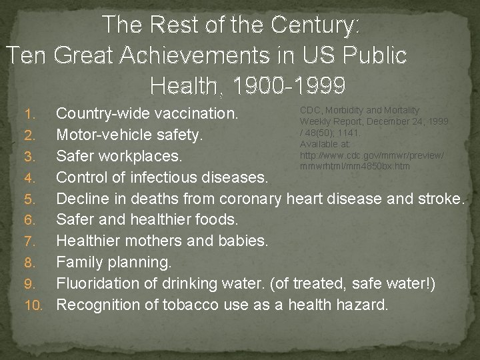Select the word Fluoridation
[96, 285]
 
